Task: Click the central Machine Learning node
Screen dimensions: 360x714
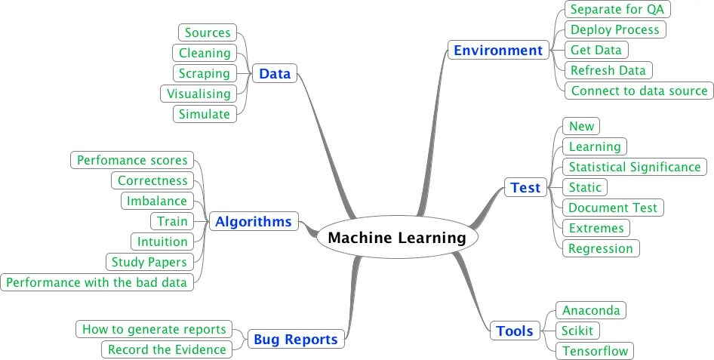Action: (x=397, y=238)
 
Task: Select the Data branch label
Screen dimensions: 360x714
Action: (x=274, y=73)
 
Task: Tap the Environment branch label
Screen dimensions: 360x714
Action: (x=498, y=51)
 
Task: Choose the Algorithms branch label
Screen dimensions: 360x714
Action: (x=253, y=221)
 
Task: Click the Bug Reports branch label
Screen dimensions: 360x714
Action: (x=295, y=339)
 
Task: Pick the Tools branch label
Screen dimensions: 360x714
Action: (x=515, y=331)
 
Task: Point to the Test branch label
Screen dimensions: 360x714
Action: (x=525, y=187)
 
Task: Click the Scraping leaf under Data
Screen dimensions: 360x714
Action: (x=204, y=73)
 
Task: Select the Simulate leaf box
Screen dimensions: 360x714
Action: (x=204, y=114)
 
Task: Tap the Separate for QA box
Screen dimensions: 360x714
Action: (x=617, y=10)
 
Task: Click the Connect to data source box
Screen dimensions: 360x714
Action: (x=638, y=91)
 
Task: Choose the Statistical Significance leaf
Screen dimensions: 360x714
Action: (x=635, y=167)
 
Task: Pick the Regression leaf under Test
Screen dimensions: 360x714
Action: (x=601, y=248)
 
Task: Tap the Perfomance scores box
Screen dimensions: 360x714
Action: (x=132, y=160)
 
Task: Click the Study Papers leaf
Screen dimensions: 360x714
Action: (x=149, y=262)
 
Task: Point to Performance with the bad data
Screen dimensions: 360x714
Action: (x=97, y=282)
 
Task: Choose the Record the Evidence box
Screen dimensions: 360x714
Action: (x=167, y=349)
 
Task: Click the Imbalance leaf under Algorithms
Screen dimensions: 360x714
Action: (x=156, y=201)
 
